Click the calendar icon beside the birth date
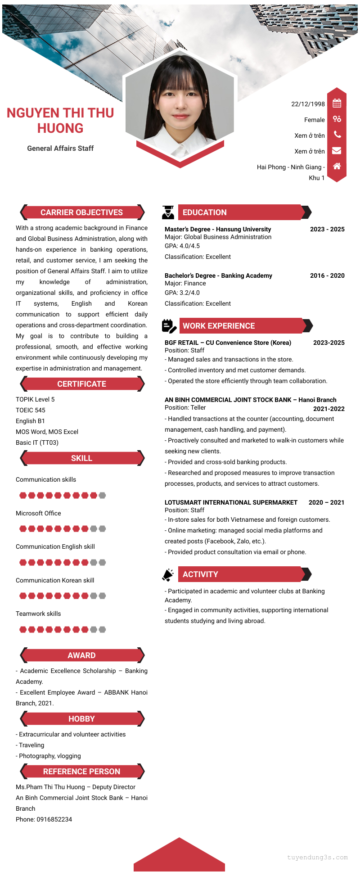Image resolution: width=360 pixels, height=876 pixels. pyautogui.click(x=337, y=104)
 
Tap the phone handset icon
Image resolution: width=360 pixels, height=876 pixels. pyautogui.click(x=337, y=135)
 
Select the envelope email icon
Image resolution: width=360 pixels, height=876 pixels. pyautogui.click(x=337, y=151)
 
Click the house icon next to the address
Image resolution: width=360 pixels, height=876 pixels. pyautogui.click(x=337, y=166)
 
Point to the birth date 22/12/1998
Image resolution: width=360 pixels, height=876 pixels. pyautogui.click(x=308, y=104)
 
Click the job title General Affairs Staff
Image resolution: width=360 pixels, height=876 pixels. pyautogui.click(x=60, y=148)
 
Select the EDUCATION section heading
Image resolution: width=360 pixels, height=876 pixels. pyautogui.click(x=205, y=212)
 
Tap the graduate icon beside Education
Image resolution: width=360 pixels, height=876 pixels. pyautogui.click(x=168, y=212)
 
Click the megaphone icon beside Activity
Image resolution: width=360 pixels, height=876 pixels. pyautogui.click(x=168, y=574)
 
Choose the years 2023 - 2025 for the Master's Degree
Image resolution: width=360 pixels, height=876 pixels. pyautogui.click(x=327, y=229)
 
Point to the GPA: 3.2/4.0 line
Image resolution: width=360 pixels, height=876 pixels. pyautogui.click(x=182, y=293)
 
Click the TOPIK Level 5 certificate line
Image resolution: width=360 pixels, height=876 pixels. pyautogui.click(x=35, y=399)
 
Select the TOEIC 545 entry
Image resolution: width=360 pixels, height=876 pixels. pyautogui.click(x=31, y=410)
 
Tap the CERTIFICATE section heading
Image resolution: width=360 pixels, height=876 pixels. pyautogui.click(x=82, y=384)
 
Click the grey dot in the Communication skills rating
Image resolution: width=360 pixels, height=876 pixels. pyautogui.click(x=102, y=495)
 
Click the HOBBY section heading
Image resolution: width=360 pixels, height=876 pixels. pyautogui.click(x=82, y=719)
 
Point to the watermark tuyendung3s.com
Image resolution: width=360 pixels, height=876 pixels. pyautogui.click(x=317, y=857)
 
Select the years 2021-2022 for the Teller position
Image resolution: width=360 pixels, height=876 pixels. pyautogui.click(x=328, y=409)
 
